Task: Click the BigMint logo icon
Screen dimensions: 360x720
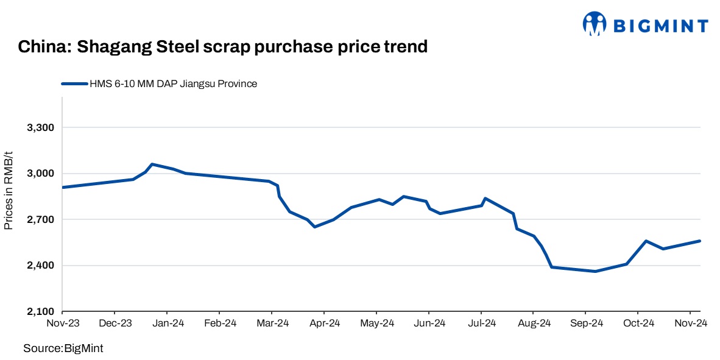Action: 595,24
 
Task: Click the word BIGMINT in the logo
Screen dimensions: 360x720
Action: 660,26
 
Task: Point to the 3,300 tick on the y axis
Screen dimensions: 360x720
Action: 41,128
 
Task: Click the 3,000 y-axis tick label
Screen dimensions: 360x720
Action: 41,174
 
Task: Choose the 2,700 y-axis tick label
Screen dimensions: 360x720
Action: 41,219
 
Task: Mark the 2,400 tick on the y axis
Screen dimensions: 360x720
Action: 41,266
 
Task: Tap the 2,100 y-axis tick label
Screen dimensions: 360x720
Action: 41,311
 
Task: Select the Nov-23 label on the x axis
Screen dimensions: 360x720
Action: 63,323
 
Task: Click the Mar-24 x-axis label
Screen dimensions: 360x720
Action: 272,323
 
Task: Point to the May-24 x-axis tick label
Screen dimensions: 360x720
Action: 377,323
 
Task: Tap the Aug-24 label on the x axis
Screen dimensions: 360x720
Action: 534,323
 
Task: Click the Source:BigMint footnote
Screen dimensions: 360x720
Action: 63,348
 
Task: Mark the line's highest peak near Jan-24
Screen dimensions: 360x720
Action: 152,164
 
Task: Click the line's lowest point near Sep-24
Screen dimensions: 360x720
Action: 595,271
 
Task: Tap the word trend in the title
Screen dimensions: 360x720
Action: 405,46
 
